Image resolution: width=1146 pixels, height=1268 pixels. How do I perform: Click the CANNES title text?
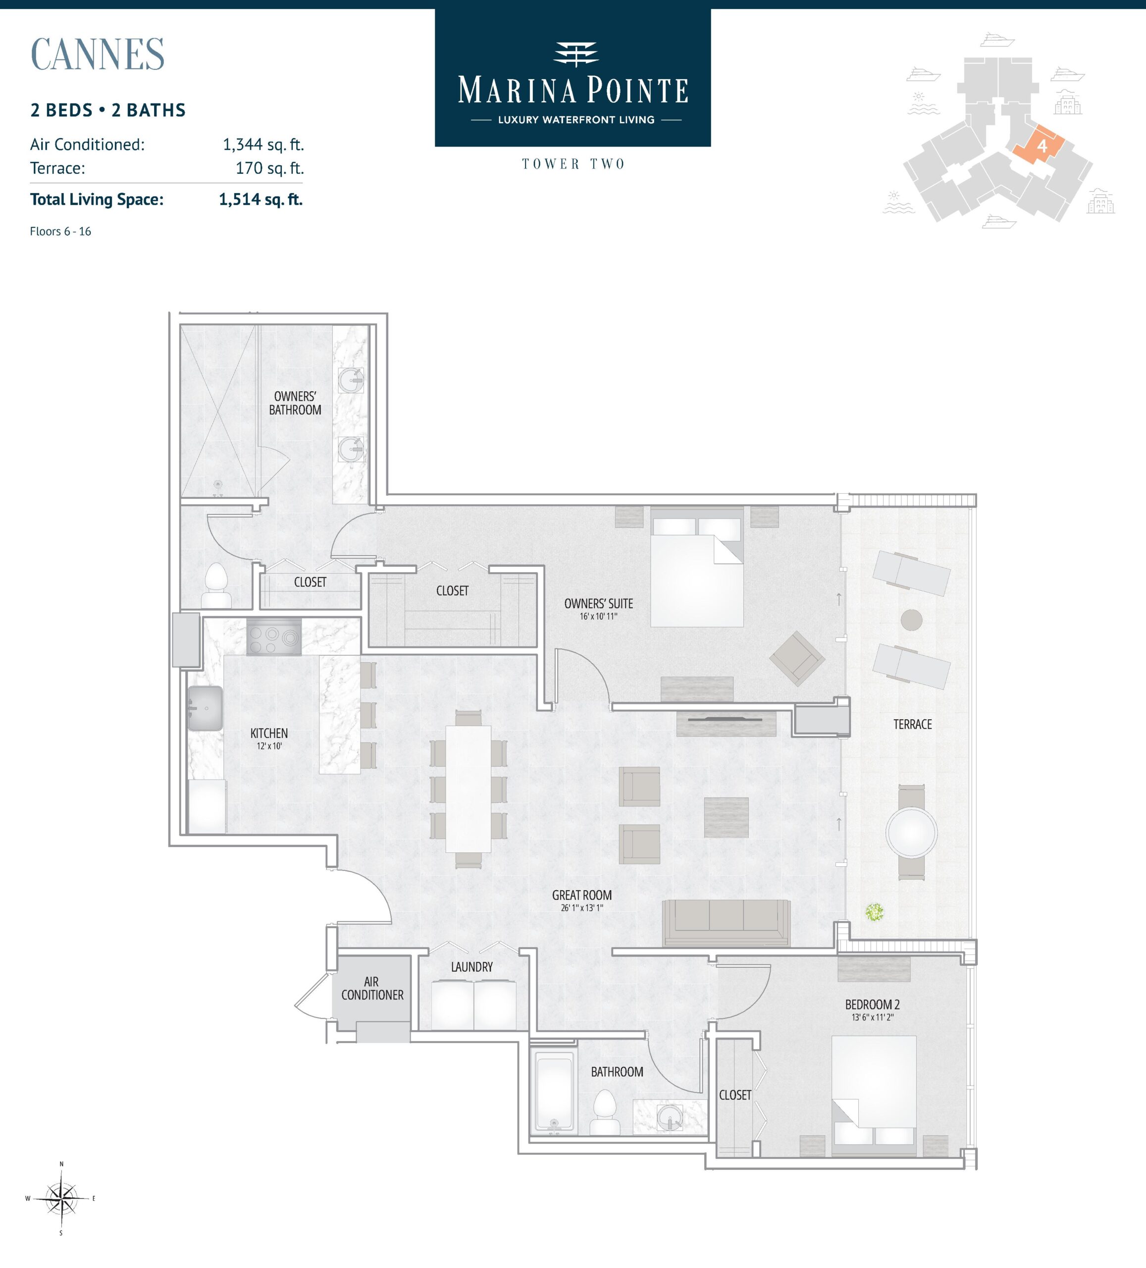[x=98, y=54]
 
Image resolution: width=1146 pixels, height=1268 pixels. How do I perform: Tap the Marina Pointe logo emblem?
[x=575, y=54]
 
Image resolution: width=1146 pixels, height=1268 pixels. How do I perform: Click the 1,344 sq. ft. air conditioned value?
[x=263, y=145]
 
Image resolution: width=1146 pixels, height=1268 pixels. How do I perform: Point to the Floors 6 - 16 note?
[x=60, y=231]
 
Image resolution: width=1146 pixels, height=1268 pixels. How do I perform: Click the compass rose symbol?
[x=61, y=1198]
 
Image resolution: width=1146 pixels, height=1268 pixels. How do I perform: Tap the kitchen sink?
[x=205, y=708]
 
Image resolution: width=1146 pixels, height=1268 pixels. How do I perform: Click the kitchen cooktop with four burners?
[x=273, y=637]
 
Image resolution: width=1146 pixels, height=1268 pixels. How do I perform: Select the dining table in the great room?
[x=468, y=789]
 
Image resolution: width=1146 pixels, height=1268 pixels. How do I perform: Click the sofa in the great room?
[x=726, y=922]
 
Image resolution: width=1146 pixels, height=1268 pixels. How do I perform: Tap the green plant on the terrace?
[x=874, y=911]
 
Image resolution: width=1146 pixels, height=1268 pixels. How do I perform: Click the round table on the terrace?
[x=911, y=832]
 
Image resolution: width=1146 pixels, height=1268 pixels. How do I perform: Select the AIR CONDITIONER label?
[x=372, y=988]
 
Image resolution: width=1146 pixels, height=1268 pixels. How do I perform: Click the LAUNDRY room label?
[x=472, y=967]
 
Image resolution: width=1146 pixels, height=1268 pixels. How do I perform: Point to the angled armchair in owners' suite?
[x=797, y=658]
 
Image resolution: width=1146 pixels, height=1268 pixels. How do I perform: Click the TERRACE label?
[x=913, y=724]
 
